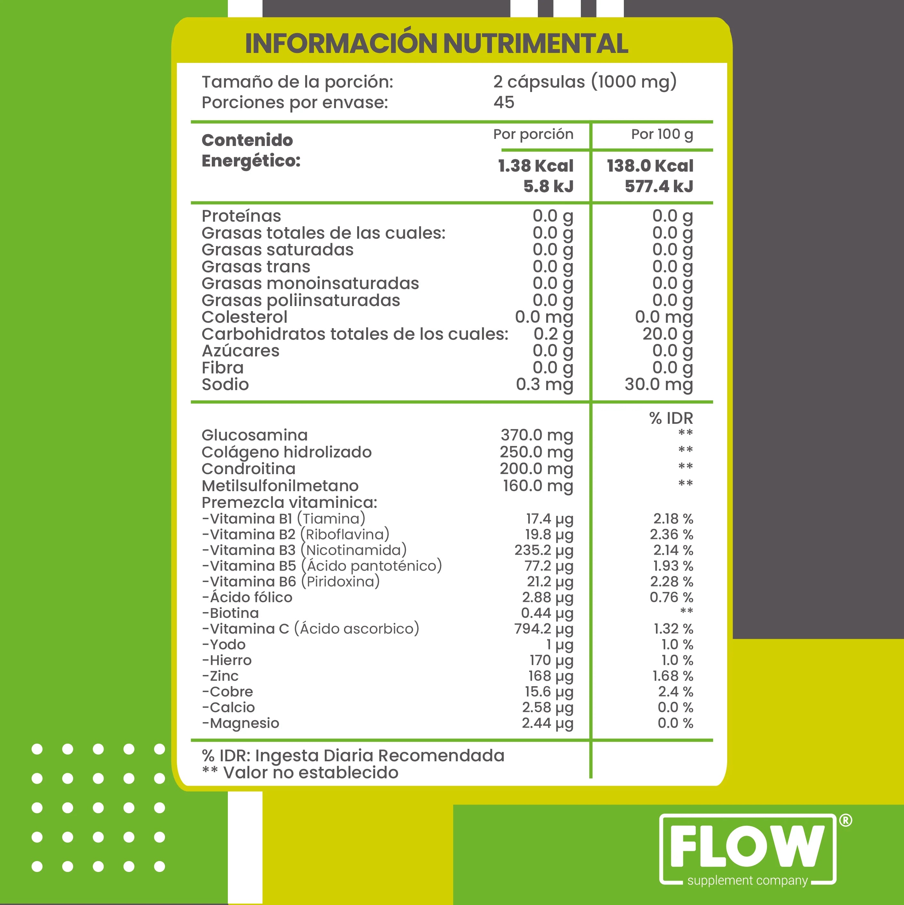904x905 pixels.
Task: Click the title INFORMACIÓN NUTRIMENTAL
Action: point(436,44)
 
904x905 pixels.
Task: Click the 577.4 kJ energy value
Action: point(659,186)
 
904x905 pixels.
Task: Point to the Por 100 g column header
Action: point(662,134)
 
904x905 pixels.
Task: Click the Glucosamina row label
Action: point(254,435)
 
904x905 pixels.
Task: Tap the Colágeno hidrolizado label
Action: point(286,452)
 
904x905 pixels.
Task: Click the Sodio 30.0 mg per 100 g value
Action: point(659,385)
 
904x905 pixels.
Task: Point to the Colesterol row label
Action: point(244,317)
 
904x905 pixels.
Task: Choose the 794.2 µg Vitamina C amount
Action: point(544,629)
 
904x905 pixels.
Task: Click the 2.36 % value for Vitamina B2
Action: point(671,534)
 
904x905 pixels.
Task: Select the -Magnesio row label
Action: point(240,723)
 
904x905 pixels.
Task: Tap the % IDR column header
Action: point(671,418)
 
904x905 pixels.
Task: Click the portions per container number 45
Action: point(504,102)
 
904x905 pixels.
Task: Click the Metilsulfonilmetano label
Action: point(280,486)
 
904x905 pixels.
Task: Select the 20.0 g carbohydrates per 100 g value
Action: point(667,334)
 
